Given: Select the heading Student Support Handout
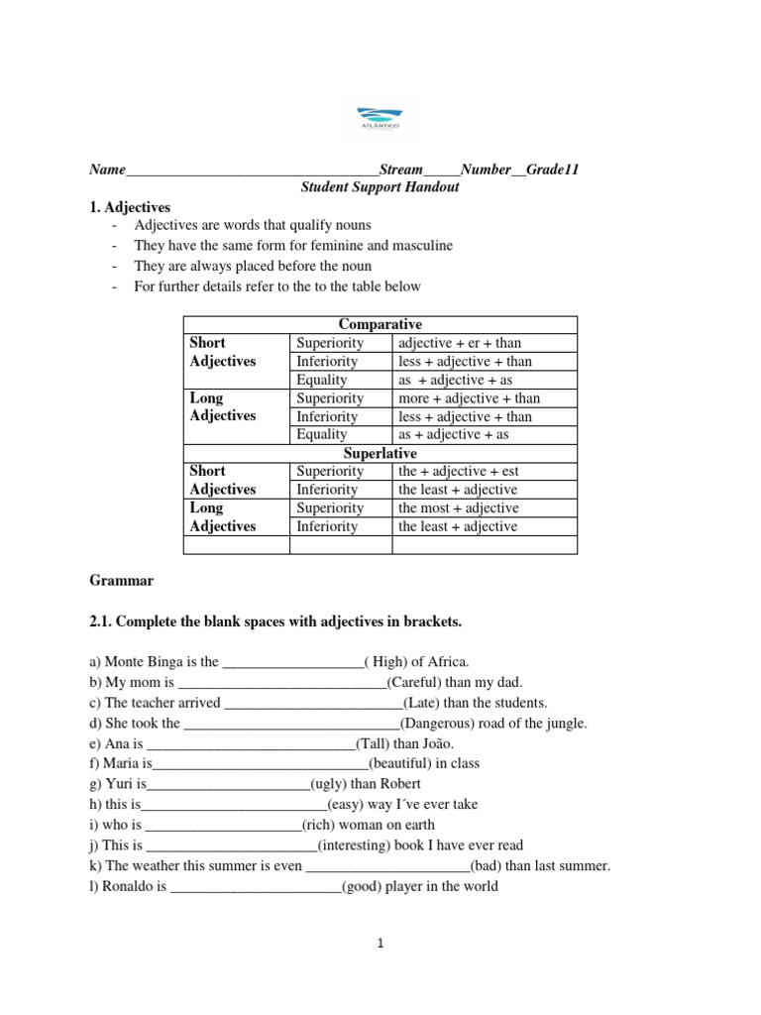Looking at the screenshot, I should click(380, 187).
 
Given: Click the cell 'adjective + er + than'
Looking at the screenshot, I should click(460, 343).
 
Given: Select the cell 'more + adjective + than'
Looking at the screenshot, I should click(469, 398).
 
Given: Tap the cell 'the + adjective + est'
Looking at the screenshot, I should click(458, 471).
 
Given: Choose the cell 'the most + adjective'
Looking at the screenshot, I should click(458, 507).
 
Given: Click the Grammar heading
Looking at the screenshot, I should click(121, 580).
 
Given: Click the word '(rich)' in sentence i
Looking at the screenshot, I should click(324, 825).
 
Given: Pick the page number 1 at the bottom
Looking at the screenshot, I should click(380, 944).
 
